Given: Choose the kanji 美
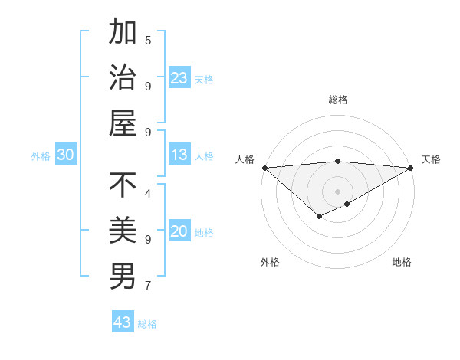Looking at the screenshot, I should coord(123,229).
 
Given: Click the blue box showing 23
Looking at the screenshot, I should coord(179,78).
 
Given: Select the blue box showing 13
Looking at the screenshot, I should coord(179,155).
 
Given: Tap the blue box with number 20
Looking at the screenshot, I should coord(179,232).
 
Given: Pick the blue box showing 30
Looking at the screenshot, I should coord(65,155).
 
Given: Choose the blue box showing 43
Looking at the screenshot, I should coord(122,322).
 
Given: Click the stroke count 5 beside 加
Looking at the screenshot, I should coord(148,40).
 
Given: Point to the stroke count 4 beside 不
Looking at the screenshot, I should coord(148,193).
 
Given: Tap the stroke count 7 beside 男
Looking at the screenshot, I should coord(148,286).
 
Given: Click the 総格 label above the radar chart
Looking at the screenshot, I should coord(337,100).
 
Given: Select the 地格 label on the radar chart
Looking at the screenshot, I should coord(402,262).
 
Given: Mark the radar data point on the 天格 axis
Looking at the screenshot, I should coord(411,168).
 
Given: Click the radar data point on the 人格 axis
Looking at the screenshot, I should coord(264,168).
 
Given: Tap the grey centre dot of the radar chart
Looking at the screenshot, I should coord(337,191).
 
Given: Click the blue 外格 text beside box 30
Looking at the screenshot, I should coord(41,156).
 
